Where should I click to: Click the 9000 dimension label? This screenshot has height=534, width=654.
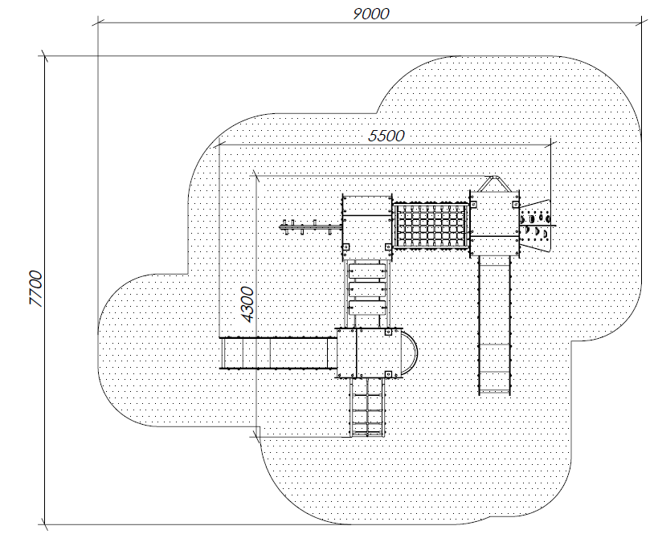pyautogui.click(x=371, y=14)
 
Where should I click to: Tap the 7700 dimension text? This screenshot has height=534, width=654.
pyautogui.click(x=36, y=289)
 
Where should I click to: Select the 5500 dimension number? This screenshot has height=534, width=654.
pyautogui.click(x=386, y=136)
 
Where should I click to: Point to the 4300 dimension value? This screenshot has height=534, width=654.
pyautogui.click(x=247, y=304)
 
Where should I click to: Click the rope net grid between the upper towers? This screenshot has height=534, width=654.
pyautogui.click(x=431, y=226)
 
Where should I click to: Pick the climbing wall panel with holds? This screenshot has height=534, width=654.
pyautogui.click(x=536, y=225)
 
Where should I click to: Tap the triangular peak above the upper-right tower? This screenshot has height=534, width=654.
pyautogui.click(x=495, y=183)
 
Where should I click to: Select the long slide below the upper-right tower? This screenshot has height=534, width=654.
pyautogui.click(x=494, y=325)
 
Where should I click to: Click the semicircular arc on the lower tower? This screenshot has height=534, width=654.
pyautogui.click(x=410, y=353)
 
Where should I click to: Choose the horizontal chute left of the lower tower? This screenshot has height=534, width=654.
pyautogui.click(x=278, y=353)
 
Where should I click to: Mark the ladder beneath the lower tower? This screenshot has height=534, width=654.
pyautogui.click(x=366, y=407)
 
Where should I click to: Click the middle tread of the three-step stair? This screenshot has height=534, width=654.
pyautogui.click(x=366, y=289)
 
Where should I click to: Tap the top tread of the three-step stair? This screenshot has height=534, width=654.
pyautogui.click(x=366, y=271)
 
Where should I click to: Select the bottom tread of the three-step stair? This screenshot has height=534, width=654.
pyautogui.click(x=366, y=308)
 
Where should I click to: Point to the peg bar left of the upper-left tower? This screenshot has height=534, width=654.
pyautogui.click(x=311, y=227)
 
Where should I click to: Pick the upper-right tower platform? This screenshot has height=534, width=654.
pyautogui.click(x=495, y=223)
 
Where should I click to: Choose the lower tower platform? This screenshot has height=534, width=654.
pyautogui.click(x=369, y=353)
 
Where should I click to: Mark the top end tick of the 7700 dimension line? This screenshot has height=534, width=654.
pyautogui.click(x=45, y=56)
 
